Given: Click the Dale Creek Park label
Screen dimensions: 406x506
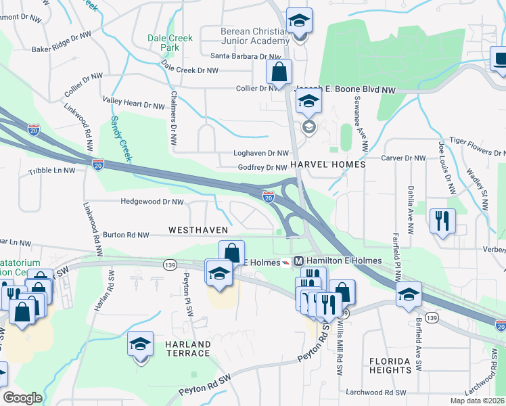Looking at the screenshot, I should (x=170, y=44).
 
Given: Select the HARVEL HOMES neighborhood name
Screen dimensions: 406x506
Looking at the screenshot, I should (x=327, y=164).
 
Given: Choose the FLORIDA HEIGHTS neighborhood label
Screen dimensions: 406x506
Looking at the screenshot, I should (x=391, y=365).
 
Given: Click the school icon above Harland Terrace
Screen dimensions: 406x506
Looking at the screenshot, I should (x=141, y=344).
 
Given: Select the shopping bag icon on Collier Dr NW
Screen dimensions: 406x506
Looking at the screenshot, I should (x=278, y=70).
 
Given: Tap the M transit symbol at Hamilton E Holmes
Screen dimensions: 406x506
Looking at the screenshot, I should (x=298, y=261).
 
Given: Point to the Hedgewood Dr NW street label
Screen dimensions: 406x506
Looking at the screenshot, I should (x=152, y=202).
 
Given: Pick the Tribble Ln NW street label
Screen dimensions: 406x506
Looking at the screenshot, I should (x=51, y=171).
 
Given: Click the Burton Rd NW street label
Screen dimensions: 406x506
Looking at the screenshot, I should (x=125, y=235).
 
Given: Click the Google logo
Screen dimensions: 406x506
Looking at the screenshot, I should (x=22, y=398).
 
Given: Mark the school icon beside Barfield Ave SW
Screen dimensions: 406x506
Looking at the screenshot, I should (x=409, y=294).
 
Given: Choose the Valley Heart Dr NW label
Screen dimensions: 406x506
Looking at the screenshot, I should (x=133, y=106).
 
